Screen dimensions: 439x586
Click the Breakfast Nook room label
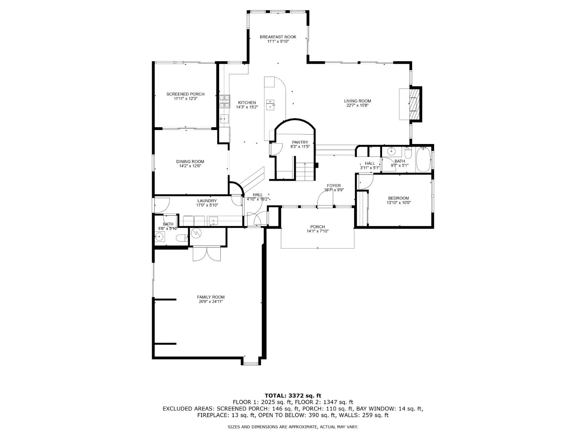(x=278, y=37)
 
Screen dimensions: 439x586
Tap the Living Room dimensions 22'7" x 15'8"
(x=357, y=105)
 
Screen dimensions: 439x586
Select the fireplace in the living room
(x=414, y=104)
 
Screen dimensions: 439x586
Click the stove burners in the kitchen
(x=224, y=101)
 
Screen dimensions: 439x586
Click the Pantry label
(x=300, y=142)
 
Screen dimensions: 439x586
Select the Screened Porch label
(x=185, y=94)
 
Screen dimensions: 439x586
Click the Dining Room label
(x=190, y=162)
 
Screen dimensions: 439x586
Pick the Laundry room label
(x=207, y=201)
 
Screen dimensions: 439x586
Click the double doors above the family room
(x=207, y=254)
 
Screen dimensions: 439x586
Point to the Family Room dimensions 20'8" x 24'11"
(x=211, y=301)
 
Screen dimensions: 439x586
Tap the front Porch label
(x=317, y=227)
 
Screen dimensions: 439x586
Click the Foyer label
(x=334, y=186)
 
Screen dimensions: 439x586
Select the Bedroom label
(x=398, y=198)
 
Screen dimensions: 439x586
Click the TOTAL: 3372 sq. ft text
(x=293, y=395)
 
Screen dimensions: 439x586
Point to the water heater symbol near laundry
(x=196, y=233)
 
